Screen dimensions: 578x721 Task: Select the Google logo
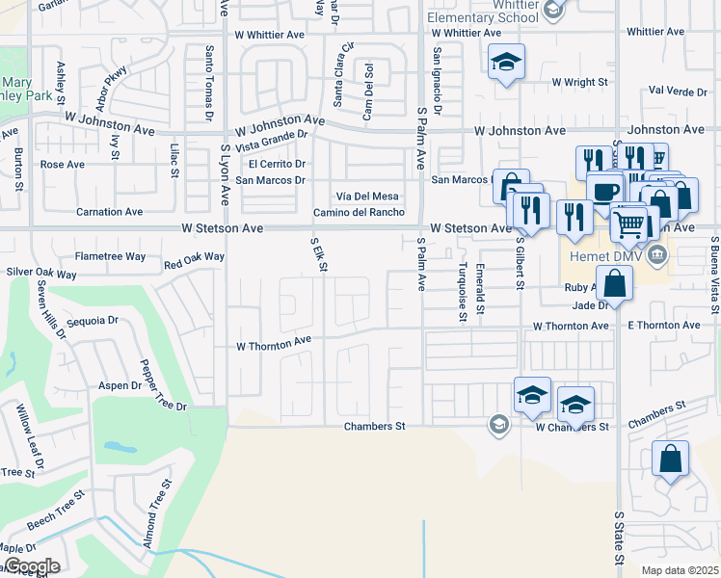coord(31,566)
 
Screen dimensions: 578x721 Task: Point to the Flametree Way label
coord(110,257)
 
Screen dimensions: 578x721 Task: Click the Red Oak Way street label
coord(194,259)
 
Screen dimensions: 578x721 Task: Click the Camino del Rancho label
coord(358,212)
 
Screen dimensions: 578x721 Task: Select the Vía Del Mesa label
coord(365,196)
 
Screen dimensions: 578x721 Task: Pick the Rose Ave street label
coord(62,164)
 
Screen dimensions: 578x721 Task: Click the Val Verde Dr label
coord(679,91)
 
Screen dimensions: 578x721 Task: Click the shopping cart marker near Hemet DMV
coord(628,224)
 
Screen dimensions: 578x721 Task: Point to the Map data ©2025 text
coord(680,569)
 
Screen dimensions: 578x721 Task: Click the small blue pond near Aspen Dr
coord(121,448)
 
